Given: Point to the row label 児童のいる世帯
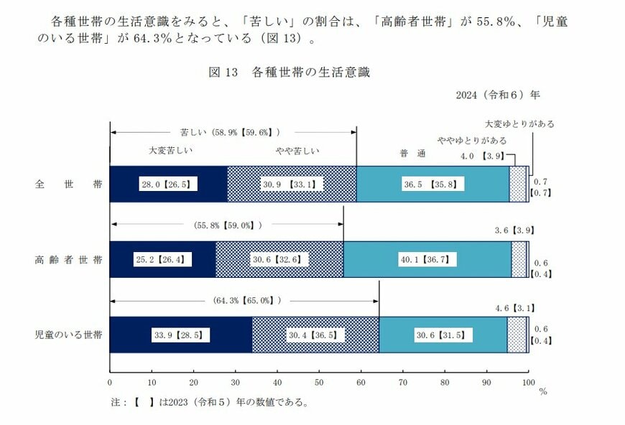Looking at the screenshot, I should click(69, 335).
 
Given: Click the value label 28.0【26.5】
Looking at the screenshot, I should click(168, 184).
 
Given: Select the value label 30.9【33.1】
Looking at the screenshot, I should click(292, 184).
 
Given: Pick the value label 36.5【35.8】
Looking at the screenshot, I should click(432, 184).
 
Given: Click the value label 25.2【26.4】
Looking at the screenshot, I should click(162, 259).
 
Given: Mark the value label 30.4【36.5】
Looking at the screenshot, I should click(316, 335).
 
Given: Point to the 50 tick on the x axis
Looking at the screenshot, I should click(319, 382).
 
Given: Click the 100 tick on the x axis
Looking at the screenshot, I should click(528, 382).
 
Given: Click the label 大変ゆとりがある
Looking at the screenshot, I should click(519, 123).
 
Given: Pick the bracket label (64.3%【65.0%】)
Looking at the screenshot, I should click(246, 300).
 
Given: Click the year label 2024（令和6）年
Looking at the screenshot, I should click(497, 94).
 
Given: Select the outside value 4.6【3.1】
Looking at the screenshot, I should click(514, 308).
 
